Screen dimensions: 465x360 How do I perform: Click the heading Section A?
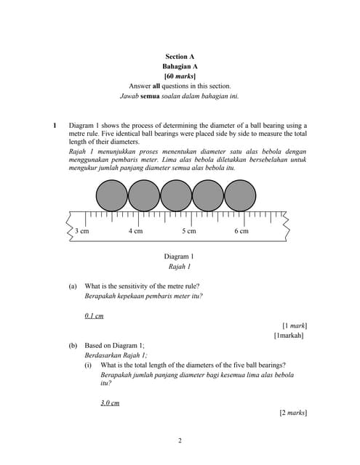coord(180,56)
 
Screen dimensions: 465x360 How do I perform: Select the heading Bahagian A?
coord(180,66)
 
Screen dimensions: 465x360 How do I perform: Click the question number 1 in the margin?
coord(54,125)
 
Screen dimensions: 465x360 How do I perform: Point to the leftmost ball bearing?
coord(112,195)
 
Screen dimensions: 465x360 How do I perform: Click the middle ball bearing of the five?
coord(176,195)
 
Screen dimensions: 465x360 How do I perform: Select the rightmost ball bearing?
coord(240,195)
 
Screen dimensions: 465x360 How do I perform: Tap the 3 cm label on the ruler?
coord(82,231)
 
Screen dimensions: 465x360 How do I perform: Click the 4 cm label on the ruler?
coord(135,231)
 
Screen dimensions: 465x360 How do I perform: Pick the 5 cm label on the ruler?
coord(188,231)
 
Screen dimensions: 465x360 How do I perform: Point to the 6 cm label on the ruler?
coord(241,231)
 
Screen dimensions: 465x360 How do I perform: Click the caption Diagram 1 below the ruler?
coord(179,256)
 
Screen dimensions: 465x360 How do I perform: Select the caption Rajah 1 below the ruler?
coord(179,267)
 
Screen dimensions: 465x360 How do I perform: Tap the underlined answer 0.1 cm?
coord(94,316)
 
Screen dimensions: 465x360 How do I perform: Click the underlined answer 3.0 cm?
coord(110,403)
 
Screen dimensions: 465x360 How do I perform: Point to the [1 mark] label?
coord(294,326)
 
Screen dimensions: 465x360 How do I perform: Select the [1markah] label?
coord(289,336)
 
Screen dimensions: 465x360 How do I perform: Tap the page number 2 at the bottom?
coord(180,440)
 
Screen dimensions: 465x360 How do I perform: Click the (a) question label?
coord(73,286)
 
